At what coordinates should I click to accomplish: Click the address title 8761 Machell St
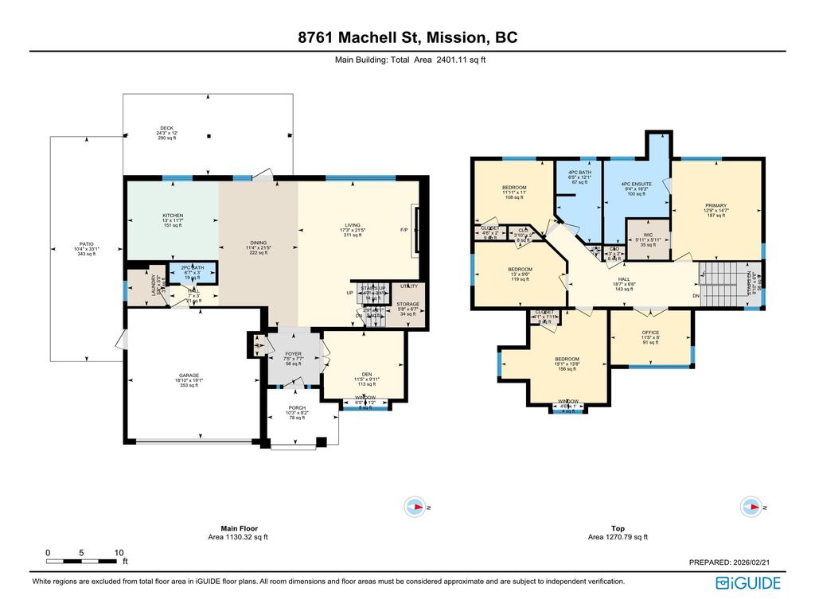coord(407,38)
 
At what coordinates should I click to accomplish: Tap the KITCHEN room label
coord(173,216)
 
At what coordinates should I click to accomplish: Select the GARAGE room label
coord(189,376)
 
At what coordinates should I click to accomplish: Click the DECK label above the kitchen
coord(166,128)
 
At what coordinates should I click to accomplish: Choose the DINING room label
coord(258,243)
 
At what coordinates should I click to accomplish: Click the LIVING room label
coord(351,225)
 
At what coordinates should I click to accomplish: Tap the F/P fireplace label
coord(404,231)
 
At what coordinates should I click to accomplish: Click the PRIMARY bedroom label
coord(716,206)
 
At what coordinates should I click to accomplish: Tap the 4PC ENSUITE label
coord(636,184)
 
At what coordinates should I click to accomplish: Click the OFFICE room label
coord(650,333)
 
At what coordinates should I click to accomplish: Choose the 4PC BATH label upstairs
coord(579,173)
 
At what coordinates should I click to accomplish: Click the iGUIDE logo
coord(748,583)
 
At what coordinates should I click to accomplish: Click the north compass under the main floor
coord(414,506)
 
